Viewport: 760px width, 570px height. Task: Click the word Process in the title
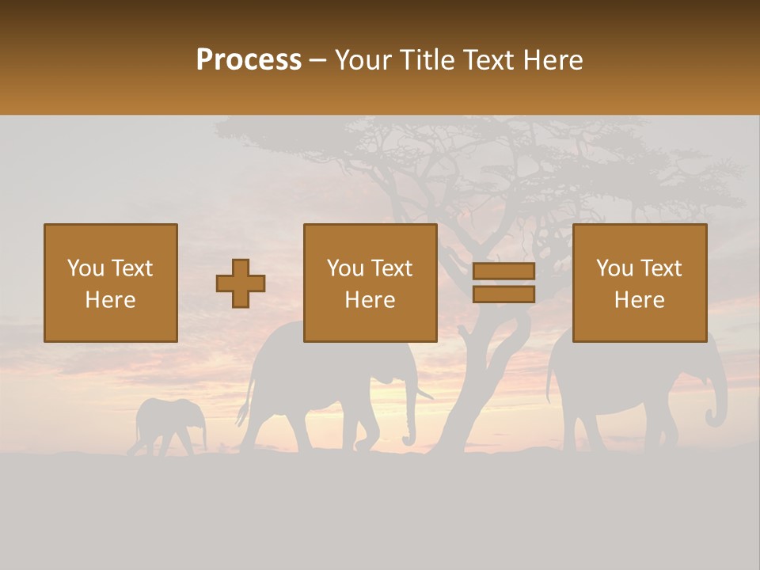pos(249,59)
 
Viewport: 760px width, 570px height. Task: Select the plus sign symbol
pos(241,283)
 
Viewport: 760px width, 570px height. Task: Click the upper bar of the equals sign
pos(503,271)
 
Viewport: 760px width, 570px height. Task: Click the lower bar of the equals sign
pos(503,294)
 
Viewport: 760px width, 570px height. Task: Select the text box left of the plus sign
pos(111,283)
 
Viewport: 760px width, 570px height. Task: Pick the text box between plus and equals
pos(370,283)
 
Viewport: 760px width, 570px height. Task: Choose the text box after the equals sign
pos(640,283)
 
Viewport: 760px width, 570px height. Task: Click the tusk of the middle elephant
pos(424,392)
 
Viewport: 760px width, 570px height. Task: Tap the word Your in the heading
pos(363,59)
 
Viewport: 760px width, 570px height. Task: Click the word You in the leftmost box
pos(85,268)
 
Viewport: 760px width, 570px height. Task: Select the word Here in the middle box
pos(370,300)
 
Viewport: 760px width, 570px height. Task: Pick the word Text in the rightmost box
pos(662,268)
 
